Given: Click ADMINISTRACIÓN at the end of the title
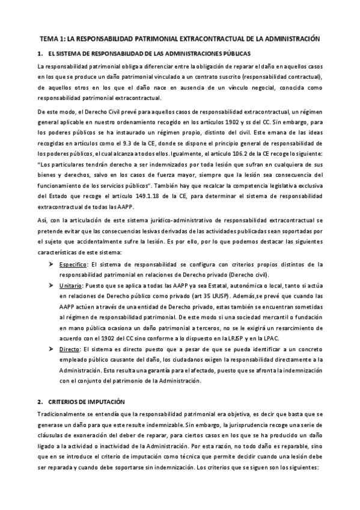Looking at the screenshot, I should click(291, 38).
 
